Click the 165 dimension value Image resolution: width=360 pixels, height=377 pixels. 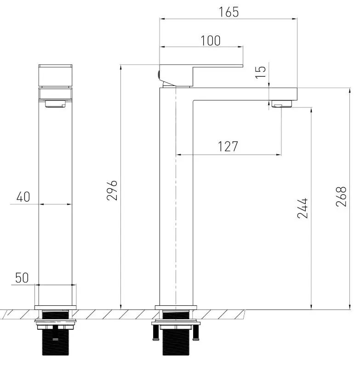click(229, 12)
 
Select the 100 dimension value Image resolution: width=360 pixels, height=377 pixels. click(211, 40)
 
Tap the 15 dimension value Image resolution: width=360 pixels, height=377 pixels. click(261, 72)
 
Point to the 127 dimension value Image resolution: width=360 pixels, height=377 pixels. click(229, 146)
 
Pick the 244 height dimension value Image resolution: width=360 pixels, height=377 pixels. click(302, 208)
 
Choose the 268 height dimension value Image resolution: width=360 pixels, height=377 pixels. click(341, 197)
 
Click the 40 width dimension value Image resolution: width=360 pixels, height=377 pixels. click(23, 197)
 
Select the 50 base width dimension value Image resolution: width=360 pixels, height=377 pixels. click(23, 278)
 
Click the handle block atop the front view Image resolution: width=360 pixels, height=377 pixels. click(55, 75)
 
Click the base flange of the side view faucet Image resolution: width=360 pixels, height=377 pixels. click(175, 307)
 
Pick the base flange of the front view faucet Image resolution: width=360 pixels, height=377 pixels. click(55, 307)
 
